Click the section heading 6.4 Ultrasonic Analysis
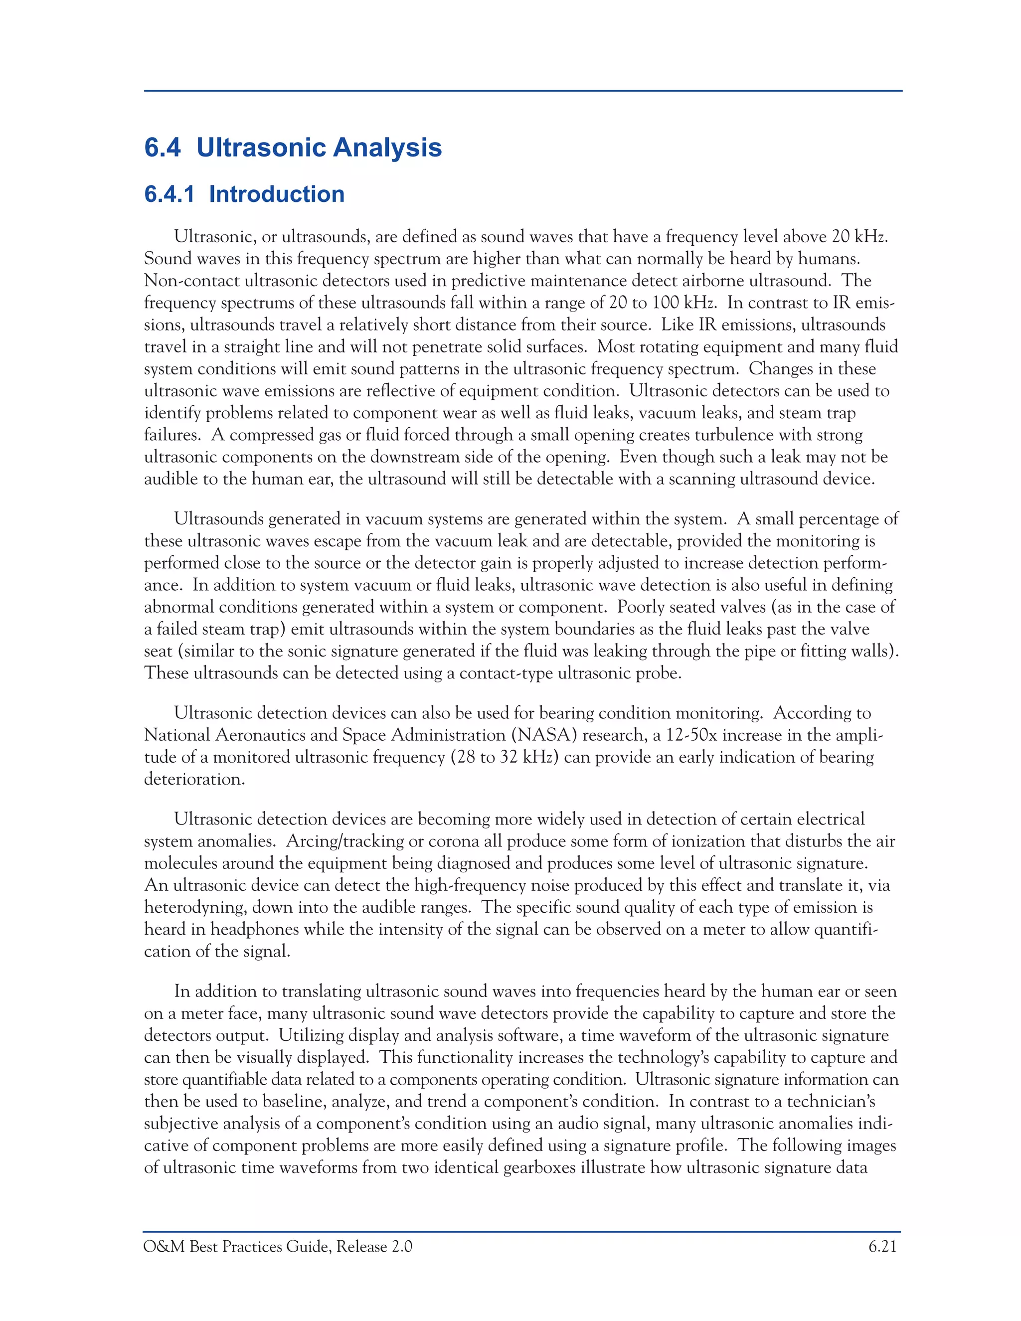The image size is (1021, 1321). pyautogui.click(x=293, y=148)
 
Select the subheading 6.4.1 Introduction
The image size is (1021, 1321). pyautogui.click(x=244, y=194)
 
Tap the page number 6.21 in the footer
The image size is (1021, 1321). pyautogui.click(x=882, y=1247)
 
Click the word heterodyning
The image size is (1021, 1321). pyautogui.click(x=195, y=907)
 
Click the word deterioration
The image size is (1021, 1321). pyautogui.click(x=193, y=779)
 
